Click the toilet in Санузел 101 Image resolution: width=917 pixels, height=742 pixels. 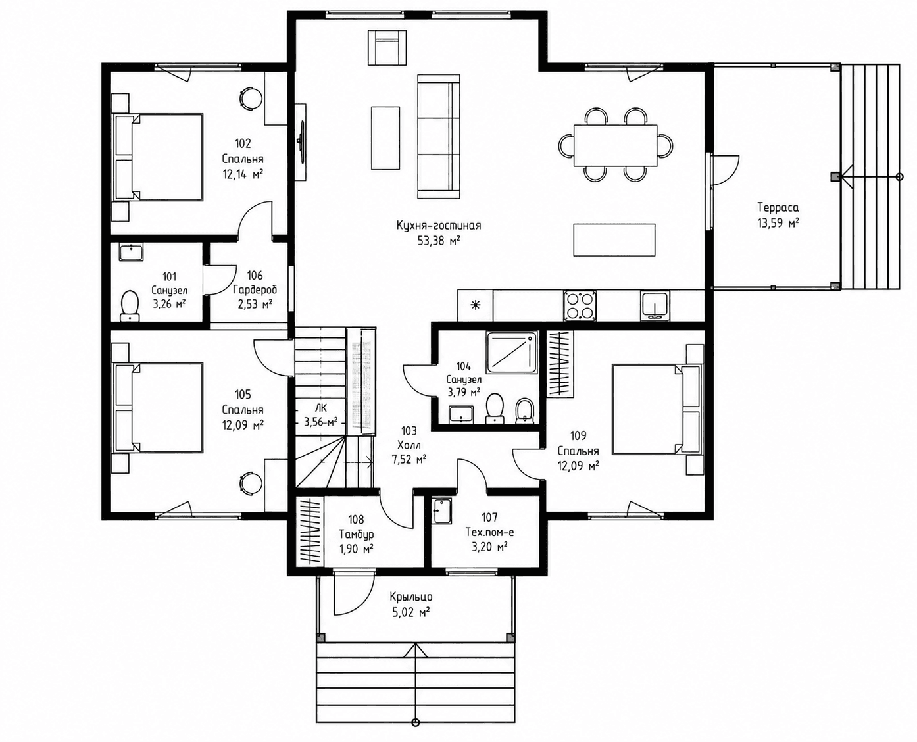pos(130,306)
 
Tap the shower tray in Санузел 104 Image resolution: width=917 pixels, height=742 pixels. pos(512,353)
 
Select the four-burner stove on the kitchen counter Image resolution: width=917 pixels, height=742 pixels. pos(580,305)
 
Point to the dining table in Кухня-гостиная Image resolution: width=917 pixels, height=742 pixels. pos(616,145)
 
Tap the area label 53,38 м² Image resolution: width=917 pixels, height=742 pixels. pos(439,240)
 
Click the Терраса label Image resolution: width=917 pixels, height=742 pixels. pos(778,208)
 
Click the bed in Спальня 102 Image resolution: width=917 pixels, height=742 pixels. pos(158,157)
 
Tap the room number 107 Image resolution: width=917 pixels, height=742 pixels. pos(489,517)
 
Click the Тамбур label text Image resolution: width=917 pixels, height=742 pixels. pos(356,535)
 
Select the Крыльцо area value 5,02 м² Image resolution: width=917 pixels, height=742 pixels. pos(411,612)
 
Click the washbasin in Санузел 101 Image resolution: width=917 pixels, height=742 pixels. pos(131,252)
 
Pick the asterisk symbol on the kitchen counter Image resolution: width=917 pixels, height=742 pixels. pos(476,305)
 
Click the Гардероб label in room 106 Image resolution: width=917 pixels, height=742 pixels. pos(255,289)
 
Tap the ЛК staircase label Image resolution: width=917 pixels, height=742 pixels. pos(321,408)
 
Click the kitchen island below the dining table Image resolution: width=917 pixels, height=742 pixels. pos(614,239)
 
